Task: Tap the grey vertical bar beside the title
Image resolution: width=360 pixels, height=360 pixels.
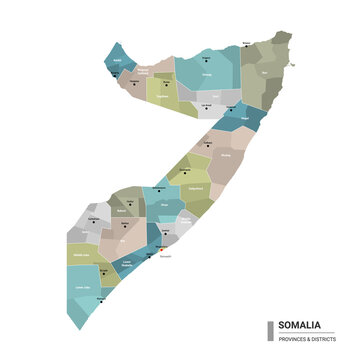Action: pyautogui.click(x=271, y=330)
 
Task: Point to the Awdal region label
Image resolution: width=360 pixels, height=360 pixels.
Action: pyautogui.click(x=116, y=60)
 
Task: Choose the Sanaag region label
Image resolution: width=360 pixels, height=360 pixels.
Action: pyautogui.click(x=208, y=73)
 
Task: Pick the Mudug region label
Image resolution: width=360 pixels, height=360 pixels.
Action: pyautogui.click(x=225, y=156)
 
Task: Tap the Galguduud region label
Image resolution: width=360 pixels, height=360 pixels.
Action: pyautogui.click(x=197, y=187)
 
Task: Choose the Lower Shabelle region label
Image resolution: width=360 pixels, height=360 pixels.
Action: pyautogui.click(x=127, y=264)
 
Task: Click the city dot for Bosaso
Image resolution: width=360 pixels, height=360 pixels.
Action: pyautogui.click(x=247, y=47)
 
